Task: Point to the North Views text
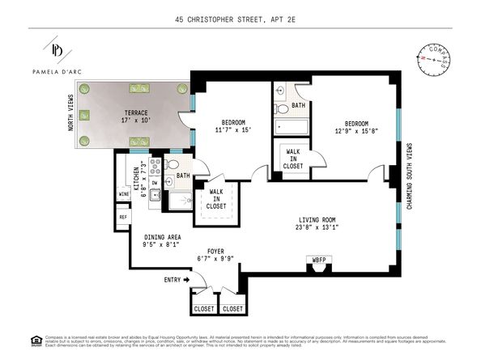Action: [x=70, y=112]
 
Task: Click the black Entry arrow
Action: [x=185, y=279]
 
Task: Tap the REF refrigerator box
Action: [x=123, y=217]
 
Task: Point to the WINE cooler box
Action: [x=123, y=194]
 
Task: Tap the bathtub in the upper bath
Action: [x=289, y=127]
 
